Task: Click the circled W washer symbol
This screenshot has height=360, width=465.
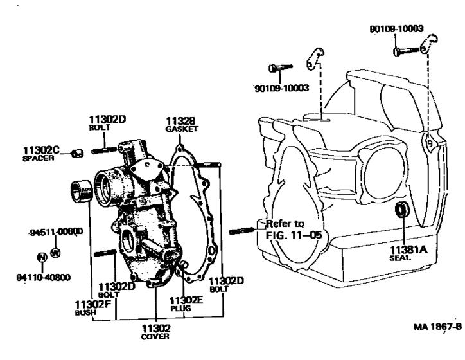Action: (55, 252)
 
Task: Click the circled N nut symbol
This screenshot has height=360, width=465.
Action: (42, 258)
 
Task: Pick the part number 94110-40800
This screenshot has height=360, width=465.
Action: (42, 278)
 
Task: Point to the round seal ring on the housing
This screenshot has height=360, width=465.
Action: (402, 208)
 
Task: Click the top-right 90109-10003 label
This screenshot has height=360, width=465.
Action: (396, 29)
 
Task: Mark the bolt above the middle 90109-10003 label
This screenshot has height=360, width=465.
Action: (281, 67)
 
